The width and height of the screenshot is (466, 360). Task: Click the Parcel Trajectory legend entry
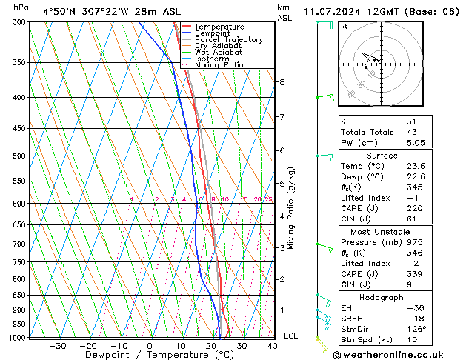click(x=229, y=40)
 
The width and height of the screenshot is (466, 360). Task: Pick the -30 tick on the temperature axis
click(x=57, y=345)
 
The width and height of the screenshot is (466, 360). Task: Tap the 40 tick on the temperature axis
click(x=273, y=345)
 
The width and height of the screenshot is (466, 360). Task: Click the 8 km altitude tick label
click(x=282, y=81)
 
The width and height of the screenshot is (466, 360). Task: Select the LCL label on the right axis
click(x=291, y=336)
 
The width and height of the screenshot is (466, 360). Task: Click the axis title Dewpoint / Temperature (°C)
click(x=150, y=355)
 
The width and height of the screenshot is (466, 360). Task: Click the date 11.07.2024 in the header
click(x=331, y=11)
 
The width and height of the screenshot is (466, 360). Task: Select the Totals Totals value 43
click(x=412, y=132)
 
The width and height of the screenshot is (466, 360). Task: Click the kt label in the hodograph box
click(x=344, y=26)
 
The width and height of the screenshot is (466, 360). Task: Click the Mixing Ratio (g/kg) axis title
click(x=292, y=208)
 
